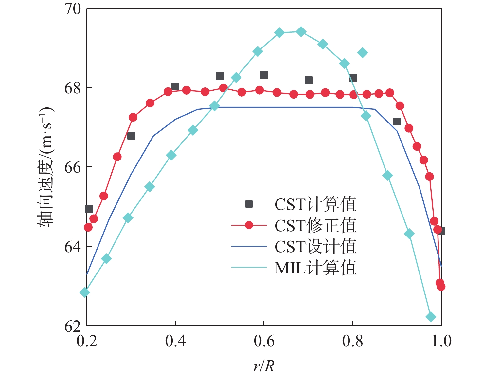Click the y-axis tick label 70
click(x=72, y=9)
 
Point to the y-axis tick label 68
click(x=72, y=88)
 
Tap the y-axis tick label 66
click(x=72, y=167)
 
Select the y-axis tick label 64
click(x=72, y=247)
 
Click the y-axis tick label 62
click(x=72, y=326)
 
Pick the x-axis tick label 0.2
click(x=87, y=341)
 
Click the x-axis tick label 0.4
click(x=175, y=341)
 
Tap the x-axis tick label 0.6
click(x=264, y=341)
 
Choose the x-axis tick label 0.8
click(x=352, y=341)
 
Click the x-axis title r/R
click(x=264, y=366)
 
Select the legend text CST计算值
click(x=315, y=204)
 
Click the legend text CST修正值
click(x=315, y=226)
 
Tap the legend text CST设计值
click(x=315, y=247)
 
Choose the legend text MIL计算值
click(x=315, y=268)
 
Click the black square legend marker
click(x=249, y=204)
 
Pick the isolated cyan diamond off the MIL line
click(x=362, y=53)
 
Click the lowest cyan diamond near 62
click(x=431, y=317)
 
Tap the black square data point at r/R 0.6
click(x=264, y=75)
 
